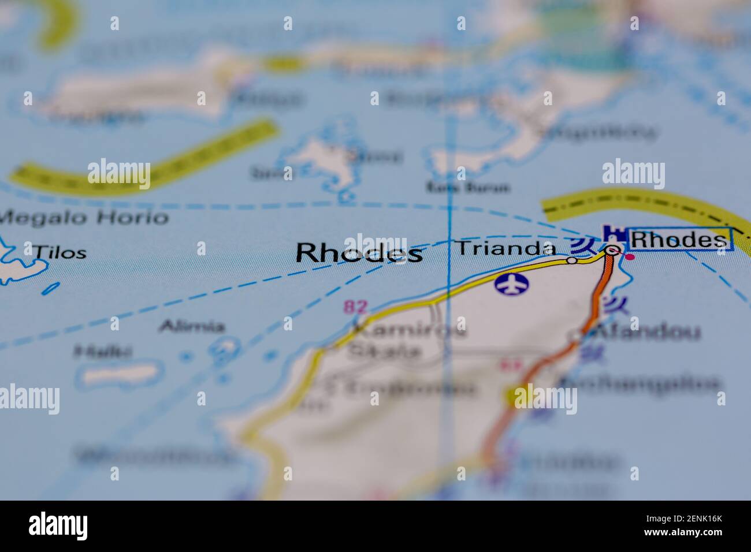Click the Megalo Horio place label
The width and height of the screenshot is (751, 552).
coord(84,218)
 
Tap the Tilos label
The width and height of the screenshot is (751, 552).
coord(60,252)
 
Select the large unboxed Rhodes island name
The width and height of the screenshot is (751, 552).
coord(359,253)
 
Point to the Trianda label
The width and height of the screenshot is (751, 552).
coord(506,248)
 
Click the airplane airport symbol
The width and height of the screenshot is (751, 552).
coord(512,284)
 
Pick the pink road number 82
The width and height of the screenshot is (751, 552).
coord(355,307)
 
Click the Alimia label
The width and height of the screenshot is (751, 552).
coord(192,327)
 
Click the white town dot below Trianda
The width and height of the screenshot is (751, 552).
coord(571,260)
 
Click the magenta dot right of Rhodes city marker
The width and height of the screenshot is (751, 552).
coord(631,256)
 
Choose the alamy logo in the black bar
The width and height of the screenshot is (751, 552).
coord(58,526)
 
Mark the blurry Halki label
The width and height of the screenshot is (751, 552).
coord(103,350)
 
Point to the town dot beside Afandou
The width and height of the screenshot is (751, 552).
coord(576,334)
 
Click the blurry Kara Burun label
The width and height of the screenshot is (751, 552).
coord(469,187)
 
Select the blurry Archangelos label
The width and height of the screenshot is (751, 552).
coord(640,383)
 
